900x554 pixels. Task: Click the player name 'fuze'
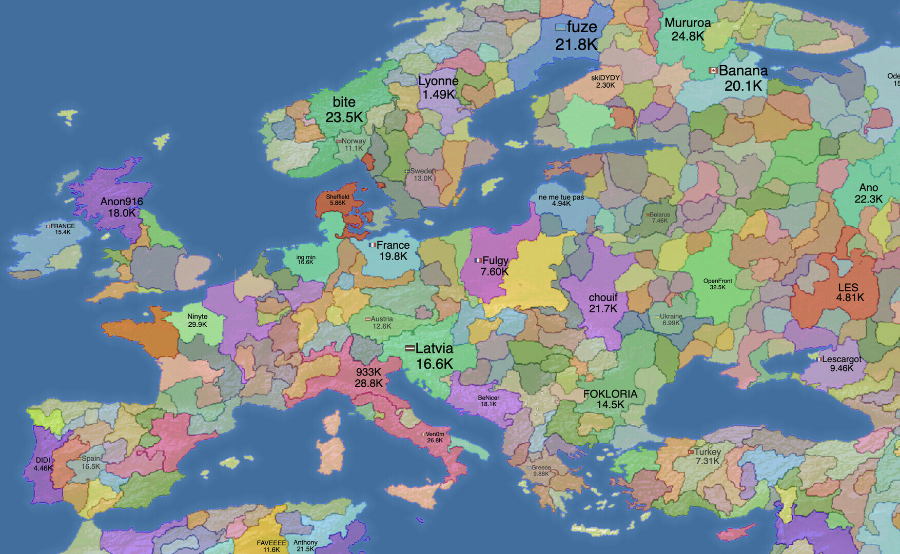[582, 27]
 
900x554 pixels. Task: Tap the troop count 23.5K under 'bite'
[344, 117]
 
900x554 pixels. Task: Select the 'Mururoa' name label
[688, 23]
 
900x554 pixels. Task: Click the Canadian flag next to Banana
[713, 70]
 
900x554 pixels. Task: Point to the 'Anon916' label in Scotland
[122, 202]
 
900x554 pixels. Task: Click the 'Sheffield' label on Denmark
[338, 197]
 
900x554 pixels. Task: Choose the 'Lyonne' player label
[438, 81]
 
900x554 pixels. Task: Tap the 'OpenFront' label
[717, 281]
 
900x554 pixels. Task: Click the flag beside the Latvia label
[409, 348]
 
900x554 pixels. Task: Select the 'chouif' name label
[603, 298]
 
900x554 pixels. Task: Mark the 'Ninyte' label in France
[198, 316]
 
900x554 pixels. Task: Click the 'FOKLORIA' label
[610, 394]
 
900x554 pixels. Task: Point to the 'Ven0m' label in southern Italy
[435, 434]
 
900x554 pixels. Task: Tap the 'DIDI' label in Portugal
[43, 460]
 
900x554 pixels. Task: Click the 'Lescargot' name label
[842, 359]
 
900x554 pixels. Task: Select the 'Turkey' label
[708, 452]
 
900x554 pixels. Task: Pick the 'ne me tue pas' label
[561, 197]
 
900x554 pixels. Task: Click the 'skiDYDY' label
[605, 78]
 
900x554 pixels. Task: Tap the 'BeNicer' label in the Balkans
[488, 398]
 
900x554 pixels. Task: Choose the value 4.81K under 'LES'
[850, 298]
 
